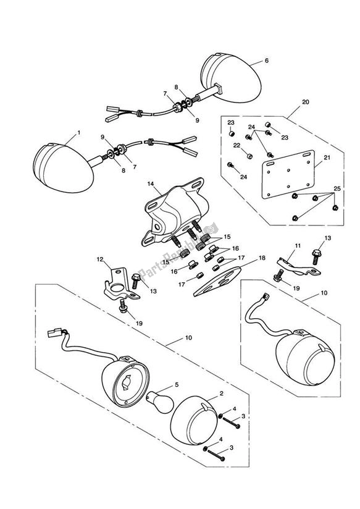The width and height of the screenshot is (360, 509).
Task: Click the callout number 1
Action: tap(78, 133)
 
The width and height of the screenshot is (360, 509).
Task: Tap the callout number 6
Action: tap(267, 61)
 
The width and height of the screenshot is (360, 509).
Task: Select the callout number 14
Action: tap(149, 183)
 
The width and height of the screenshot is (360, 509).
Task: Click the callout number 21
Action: tap(327, 158)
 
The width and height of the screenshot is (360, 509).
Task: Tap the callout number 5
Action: tap(177, 385)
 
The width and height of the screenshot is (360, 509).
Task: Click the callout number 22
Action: tap(235, 146)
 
